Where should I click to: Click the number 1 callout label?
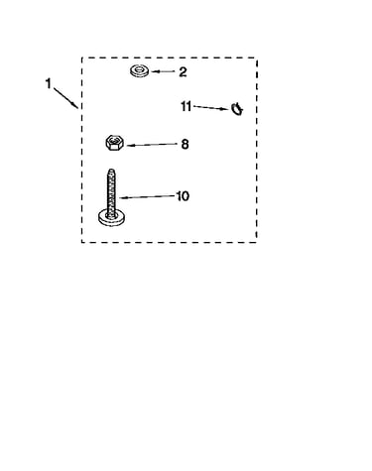(49, 83)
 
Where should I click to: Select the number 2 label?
(183, 72)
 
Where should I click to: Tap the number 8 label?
(185, 144)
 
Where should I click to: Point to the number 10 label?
(184, 196)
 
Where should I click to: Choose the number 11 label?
(186, 106)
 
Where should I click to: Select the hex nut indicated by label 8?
(115, 143)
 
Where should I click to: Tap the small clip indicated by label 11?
(237, 109)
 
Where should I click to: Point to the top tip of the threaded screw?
(111, 170)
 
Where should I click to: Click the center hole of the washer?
(139, 70)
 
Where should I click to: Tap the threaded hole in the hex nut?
(114, 141)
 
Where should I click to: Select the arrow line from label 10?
(147, 197)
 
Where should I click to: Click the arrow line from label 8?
(153, 145)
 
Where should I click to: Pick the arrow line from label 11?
(210, 108)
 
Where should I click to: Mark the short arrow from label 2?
(163, 71)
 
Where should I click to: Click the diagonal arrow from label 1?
(65, 98)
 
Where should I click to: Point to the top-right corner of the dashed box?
(257, 58)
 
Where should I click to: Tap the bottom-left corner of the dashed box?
(82, 242)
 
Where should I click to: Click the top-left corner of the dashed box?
(82, 58)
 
